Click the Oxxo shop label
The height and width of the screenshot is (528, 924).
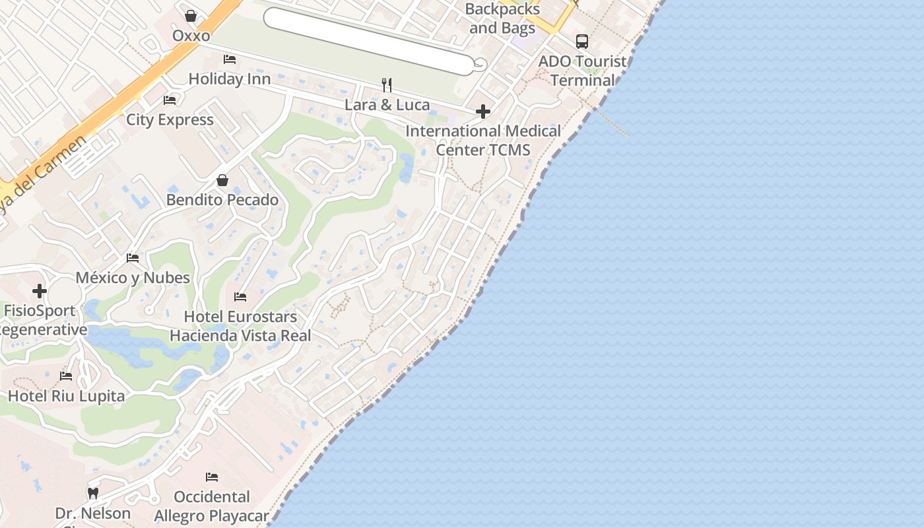191,36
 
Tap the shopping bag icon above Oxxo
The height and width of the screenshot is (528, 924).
191,15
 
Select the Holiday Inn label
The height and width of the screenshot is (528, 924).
230,79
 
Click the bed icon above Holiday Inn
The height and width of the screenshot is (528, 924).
230,59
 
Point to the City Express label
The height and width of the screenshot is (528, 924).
170,120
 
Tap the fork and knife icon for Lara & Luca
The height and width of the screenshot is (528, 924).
387,85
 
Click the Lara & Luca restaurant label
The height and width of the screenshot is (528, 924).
387,105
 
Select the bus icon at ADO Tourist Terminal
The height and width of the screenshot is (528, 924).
581,42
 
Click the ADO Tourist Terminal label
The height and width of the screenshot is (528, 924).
582,71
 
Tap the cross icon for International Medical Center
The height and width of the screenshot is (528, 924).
483,112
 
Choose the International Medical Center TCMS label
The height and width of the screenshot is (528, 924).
483,141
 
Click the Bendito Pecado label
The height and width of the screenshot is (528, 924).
222,200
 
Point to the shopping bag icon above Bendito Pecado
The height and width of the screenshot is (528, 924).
222,180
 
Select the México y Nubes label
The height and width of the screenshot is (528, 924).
133,278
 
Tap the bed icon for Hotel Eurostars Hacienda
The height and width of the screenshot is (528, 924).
240,297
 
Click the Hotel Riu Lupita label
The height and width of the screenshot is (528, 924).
66,397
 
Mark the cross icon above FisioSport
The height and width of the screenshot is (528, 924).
40,291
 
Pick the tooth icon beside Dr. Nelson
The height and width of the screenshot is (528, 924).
93,493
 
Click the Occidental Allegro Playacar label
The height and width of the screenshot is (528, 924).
211,506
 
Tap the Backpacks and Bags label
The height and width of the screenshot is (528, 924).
503,19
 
